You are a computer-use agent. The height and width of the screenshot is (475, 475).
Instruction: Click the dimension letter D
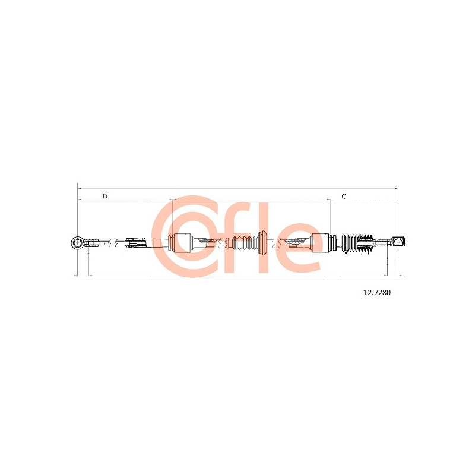point(105,196)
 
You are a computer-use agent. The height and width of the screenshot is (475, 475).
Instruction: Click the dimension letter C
point(344,197)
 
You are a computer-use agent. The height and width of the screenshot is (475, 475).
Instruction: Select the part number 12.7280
point(377,292)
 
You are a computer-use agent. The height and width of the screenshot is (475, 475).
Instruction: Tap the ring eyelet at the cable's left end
point(78,243)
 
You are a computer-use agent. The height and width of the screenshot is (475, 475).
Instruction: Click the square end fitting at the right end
point(398,242)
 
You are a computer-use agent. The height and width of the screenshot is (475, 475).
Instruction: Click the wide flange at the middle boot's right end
point(263,242)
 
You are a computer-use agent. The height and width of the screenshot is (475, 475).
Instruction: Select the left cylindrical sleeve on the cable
point(181,242)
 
